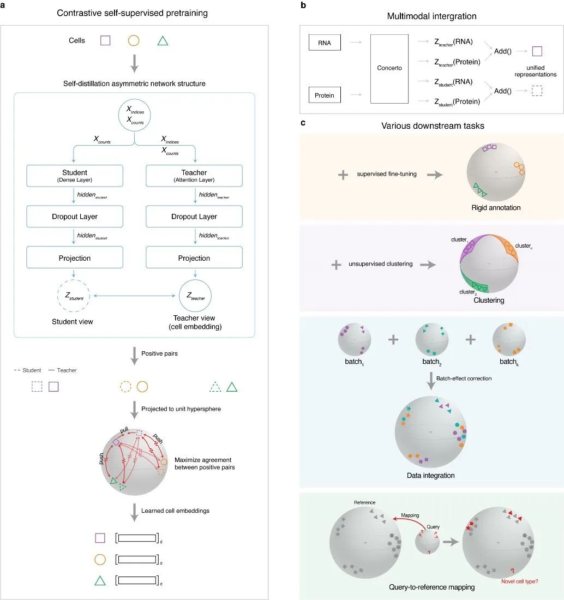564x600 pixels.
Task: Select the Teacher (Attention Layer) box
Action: pos(194,175)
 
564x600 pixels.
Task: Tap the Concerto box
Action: pos(389,69)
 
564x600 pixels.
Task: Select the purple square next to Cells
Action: pos(105,40)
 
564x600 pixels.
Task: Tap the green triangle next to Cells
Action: pos(162,40)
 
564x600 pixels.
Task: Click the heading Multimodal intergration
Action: pos(431,16)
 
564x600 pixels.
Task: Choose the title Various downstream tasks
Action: pos(431,125)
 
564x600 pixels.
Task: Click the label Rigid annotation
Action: pos(495,207)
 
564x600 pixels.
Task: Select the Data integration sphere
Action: pos(431,431)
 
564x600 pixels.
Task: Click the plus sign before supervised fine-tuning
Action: pos(343,175)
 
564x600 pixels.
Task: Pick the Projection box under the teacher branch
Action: pos(194,258)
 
